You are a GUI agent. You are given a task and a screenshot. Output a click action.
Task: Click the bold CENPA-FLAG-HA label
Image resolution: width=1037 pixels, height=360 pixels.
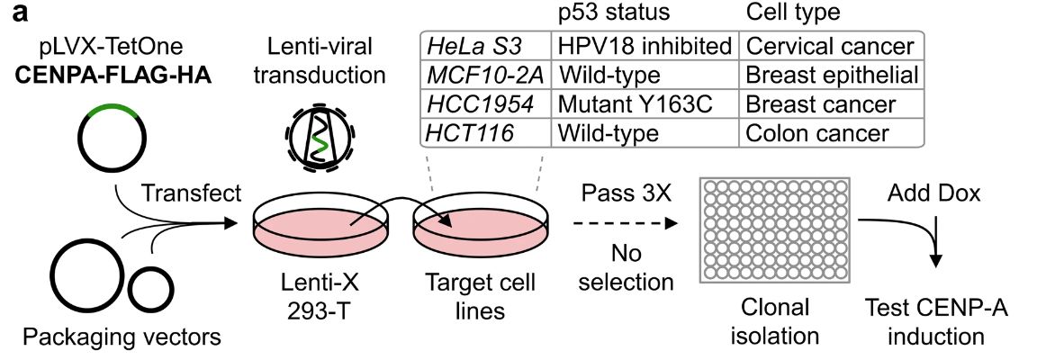click(x=113, y=76)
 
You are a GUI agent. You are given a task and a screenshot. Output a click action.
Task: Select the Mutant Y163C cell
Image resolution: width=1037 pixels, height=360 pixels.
click(x=636, y=104)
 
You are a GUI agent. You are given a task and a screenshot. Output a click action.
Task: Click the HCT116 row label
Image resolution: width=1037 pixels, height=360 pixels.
click(x=471, y=133)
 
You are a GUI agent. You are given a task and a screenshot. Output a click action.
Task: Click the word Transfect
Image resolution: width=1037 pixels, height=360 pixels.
click(x=192, y=193)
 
